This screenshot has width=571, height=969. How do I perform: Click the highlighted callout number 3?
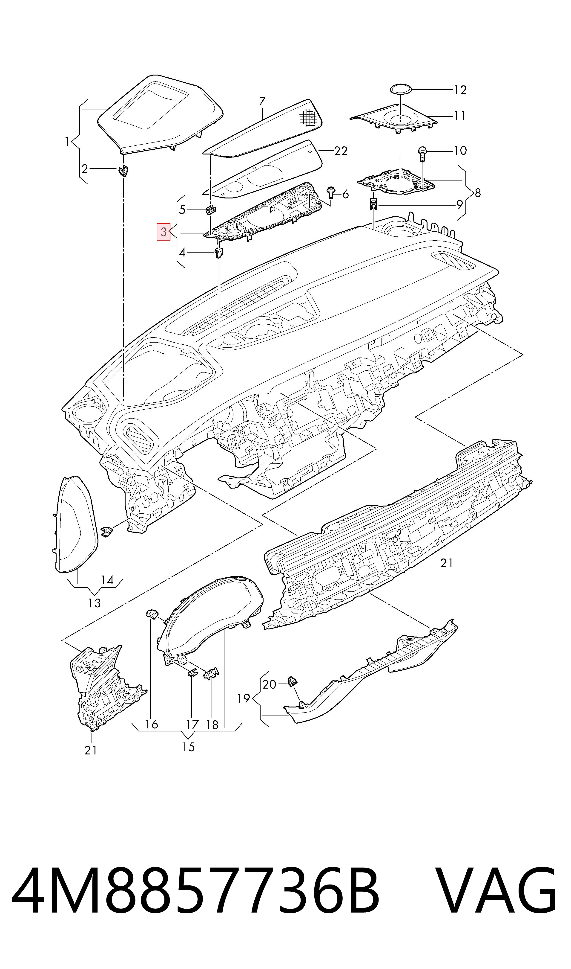(164, 232)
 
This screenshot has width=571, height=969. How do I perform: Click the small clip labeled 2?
(123, 171)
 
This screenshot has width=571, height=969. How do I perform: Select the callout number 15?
(189, 747)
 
